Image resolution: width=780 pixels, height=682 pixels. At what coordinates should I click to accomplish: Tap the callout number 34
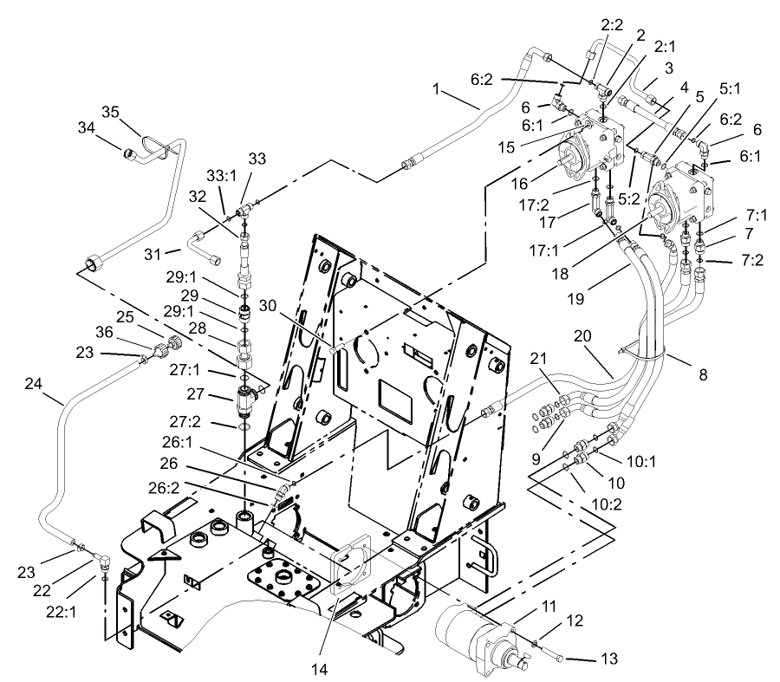click(x=85, y=127)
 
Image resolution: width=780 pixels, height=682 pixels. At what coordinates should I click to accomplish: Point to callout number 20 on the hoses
click(x=583, y=335)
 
